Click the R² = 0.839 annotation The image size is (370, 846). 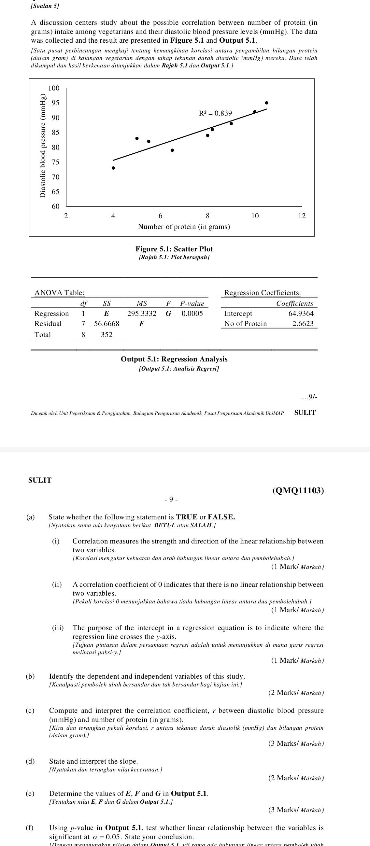coord(215,113)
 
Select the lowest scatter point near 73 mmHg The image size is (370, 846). coord(113,168)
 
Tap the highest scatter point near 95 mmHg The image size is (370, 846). coord(266,103)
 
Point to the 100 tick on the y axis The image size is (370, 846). coord(54,88)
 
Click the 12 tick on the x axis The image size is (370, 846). coord(302,216)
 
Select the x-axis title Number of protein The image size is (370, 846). coord(184,227)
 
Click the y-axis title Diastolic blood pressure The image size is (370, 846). coord(42,146)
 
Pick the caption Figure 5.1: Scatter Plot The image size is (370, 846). coord(174,249)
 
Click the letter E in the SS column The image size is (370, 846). coord(107,314)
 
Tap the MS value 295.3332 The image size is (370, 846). coord(142,314)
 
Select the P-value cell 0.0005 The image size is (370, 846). coord(192,314)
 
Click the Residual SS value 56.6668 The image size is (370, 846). coord(107,323)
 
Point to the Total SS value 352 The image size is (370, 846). coord(107,335)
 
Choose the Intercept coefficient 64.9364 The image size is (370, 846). coord(301,314)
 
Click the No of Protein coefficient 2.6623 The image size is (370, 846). coord(303,323)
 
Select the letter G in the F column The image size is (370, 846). coord(168,314)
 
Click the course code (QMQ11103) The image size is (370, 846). coord(298,491)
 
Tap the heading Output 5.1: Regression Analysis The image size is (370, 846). coord(174,359)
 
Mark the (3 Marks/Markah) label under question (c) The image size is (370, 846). coord(296,743)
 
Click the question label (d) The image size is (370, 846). coord(30,761)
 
